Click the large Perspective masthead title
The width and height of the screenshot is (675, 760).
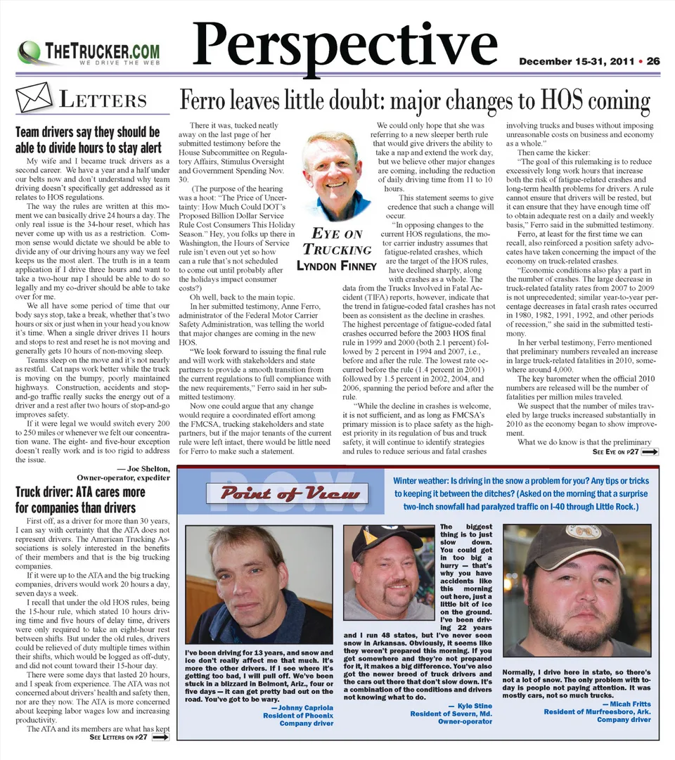(x=345, y=44)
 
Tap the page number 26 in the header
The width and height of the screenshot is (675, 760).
(x=653, y=61)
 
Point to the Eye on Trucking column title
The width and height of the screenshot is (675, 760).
(x=337, y=242)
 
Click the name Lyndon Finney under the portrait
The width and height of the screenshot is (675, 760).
(x=337, y=266)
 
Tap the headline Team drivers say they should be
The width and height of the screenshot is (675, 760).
(x=88, y=132)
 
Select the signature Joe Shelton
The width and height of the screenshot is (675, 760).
(x=143, y=469)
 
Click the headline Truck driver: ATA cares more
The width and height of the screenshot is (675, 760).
(x=81, y=491)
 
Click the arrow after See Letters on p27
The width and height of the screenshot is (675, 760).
(x=160, y=738)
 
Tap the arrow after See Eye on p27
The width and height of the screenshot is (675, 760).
(x=650, y=451)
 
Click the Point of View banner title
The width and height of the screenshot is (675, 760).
(x=290, y=494)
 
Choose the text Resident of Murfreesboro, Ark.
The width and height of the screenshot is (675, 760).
(x=597, y=711)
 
